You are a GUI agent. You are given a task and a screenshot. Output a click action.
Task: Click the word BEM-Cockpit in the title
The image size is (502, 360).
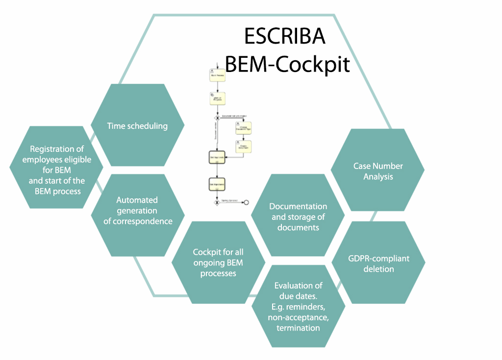(287, 64)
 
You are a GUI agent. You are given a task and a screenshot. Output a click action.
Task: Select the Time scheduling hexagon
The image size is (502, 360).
(137, 125)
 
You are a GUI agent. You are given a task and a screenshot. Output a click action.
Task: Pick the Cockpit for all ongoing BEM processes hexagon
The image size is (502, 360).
(218, 263)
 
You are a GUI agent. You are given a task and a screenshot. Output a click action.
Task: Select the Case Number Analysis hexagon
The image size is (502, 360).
(378, 170)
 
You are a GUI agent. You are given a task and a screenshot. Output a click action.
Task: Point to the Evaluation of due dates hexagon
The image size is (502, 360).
(298, 306)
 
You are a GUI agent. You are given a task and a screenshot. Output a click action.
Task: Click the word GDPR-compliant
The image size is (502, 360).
(378, 258)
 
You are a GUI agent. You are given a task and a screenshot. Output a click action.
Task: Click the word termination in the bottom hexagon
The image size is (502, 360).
(298, 328)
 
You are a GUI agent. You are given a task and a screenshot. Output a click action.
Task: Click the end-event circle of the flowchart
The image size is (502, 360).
(246, 202)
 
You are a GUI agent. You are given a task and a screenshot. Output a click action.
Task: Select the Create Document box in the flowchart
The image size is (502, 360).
(243, 146)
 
